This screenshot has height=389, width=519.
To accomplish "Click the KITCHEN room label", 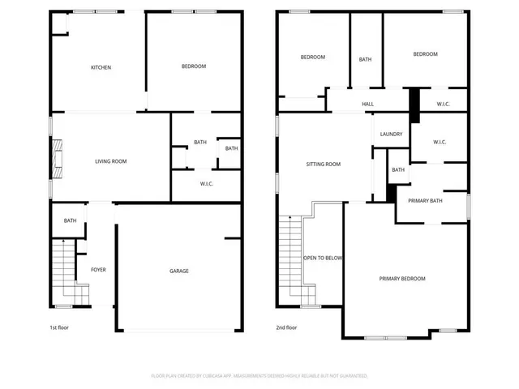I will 101,67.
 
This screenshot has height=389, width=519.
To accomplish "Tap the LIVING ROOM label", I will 111,161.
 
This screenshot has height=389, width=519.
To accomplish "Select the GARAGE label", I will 178,271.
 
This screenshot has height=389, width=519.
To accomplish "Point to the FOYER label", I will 97,270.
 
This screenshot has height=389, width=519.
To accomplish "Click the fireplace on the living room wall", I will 56,160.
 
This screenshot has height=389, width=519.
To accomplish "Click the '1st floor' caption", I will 60,328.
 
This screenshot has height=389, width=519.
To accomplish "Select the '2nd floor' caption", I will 286,328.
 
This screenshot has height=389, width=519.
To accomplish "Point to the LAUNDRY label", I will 391,135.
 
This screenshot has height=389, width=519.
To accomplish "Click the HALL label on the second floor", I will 367,104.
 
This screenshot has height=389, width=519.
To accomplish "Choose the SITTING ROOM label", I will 323,164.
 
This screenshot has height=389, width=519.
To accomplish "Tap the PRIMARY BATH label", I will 425,200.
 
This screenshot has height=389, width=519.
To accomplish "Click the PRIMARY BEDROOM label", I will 402,278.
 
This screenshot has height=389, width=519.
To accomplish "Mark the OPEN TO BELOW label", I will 323,258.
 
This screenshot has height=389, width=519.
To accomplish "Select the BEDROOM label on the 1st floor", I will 193,66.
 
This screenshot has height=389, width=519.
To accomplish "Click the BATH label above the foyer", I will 71,220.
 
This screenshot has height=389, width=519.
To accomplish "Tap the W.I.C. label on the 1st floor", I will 207,184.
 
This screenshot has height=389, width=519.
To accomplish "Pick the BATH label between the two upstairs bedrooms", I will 366,59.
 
